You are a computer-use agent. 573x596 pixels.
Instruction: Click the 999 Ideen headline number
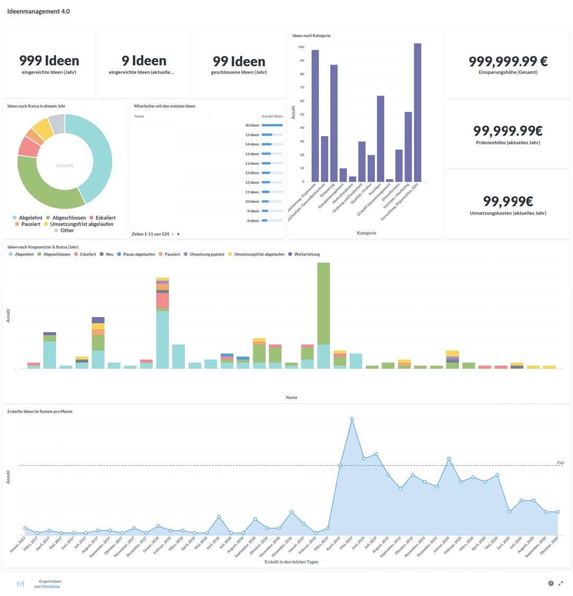[x=49, y=61]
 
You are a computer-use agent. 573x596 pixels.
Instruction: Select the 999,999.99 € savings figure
[x=508, y=61]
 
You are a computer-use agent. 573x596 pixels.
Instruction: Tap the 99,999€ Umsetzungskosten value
[x=508, y=201]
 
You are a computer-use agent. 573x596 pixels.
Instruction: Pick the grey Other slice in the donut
[x=57, y=123]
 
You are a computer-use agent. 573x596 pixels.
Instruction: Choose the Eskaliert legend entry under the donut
[x=102, y=218]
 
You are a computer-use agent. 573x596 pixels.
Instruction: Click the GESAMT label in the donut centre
[x=65, y=166]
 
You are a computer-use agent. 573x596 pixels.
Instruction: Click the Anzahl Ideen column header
[x=272, y=116]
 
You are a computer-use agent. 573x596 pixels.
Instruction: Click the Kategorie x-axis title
[x=366, y=233]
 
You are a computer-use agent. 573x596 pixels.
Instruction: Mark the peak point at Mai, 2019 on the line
[x=352, y=419]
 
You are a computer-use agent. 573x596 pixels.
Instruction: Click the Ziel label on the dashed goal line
[x=560, y=463]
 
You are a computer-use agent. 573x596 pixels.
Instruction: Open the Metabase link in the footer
[x=51, y=586]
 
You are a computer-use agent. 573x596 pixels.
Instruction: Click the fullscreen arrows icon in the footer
[x=561, y=583]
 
